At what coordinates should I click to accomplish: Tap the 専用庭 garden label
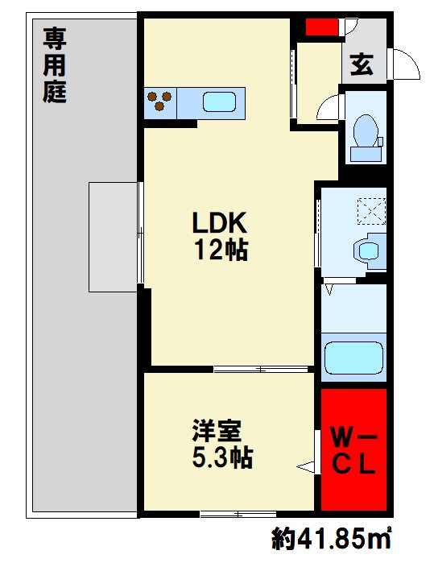[55, 64]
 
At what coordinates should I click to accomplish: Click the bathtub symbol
[354, 354]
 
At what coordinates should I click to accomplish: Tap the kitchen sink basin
[218, 102]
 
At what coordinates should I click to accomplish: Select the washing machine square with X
[373, 212]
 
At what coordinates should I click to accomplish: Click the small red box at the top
[322, 27]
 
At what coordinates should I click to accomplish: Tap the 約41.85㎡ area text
[331, 538]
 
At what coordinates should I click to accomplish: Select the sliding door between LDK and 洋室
[262, 370]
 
